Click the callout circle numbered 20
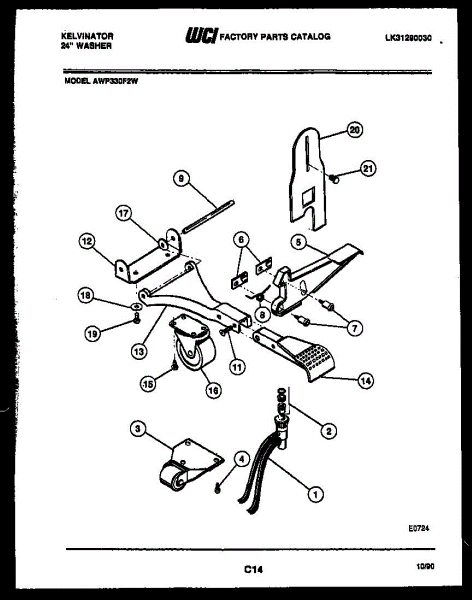pyautogui.click(x=354, y=130)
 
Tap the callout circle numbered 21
pyautogui.click(x=367, y=169)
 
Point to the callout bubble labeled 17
pyautogui.click(x=123, y=214)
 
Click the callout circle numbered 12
pyautogui.click(x=86, y=241)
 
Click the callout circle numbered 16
pyautogui.click(x=213, y=391)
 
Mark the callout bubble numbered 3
pyautogui.click(x=138, y=428)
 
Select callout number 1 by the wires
pyautogui.click(x=315, y=495)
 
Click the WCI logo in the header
pyautogui.click(x=201, y=36)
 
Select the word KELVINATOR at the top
pyautogui.click(x=87, y=36)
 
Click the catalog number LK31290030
pyautogui.click(x=408, y=37)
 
